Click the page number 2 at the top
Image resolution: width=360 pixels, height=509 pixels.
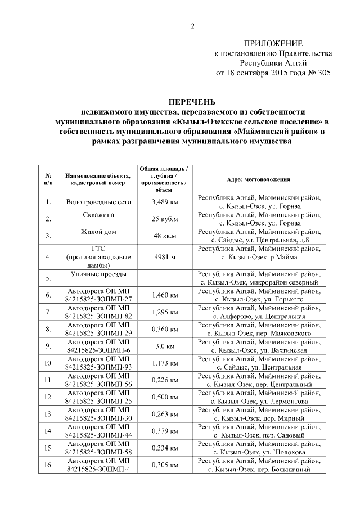(192, 25)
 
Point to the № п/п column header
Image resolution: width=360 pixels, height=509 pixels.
(48, 179)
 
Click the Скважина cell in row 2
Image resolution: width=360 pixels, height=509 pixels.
(98, 215)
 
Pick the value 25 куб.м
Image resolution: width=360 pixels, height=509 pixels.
(165, 219)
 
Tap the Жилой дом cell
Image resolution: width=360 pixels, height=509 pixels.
(98, 232)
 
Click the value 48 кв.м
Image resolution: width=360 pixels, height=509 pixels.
(165, 236)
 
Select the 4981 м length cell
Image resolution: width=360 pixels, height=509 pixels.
(165, 257)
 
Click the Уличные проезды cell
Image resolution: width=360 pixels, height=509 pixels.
(98, 274)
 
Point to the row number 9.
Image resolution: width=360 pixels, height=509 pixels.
(48, 346)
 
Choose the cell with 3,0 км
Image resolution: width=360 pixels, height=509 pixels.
(165, 346)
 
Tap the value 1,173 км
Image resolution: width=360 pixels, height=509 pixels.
(165, 363)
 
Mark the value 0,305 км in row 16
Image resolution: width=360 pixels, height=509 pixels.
(165, 465)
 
